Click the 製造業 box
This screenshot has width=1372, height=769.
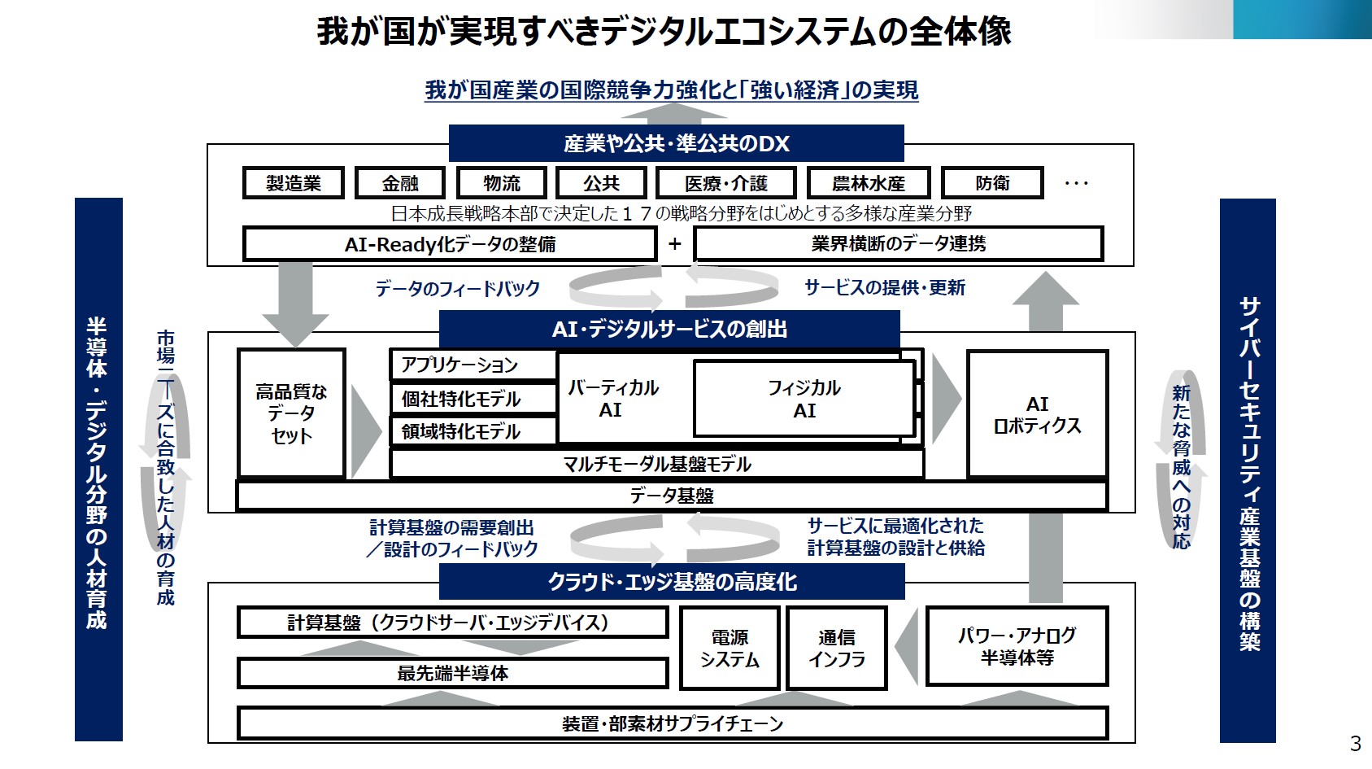294,183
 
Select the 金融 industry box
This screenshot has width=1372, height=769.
400,183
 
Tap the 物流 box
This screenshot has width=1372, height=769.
501,183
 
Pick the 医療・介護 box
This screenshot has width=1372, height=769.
725,183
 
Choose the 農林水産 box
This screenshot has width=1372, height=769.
869,183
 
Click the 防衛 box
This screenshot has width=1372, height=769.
992,183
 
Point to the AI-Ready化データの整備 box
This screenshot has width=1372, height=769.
450,244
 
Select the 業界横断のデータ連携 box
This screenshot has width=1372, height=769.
899,243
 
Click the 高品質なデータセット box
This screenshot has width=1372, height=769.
291,413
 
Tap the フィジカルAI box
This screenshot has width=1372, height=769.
804,399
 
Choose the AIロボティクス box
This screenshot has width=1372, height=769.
1037,414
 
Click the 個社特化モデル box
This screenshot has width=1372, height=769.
473,399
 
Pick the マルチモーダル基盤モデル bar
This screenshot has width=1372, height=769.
656,464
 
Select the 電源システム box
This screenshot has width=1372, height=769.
730,649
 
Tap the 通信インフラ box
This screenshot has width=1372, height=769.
837,649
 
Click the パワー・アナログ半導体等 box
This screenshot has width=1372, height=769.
1017,646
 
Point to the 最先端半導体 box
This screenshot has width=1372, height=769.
452,673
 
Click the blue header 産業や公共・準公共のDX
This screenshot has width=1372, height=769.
676,143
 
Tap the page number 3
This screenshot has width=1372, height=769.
1355,743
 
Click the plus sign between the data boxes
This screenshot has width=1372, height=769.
675,244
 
